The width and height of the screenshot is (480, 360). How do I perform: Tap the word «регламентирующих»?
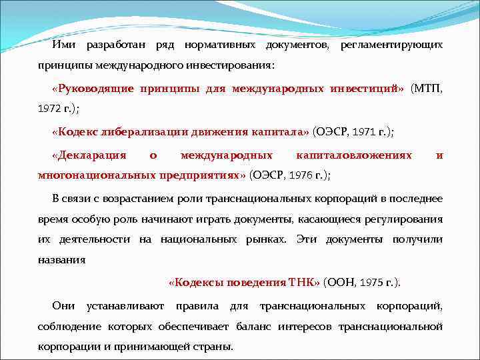(391, 45)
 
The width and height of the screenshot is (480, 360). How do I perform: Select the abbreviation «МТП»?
(427, 89)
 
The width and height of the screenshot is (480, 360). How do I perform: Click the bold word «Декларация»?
(89, 155)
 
